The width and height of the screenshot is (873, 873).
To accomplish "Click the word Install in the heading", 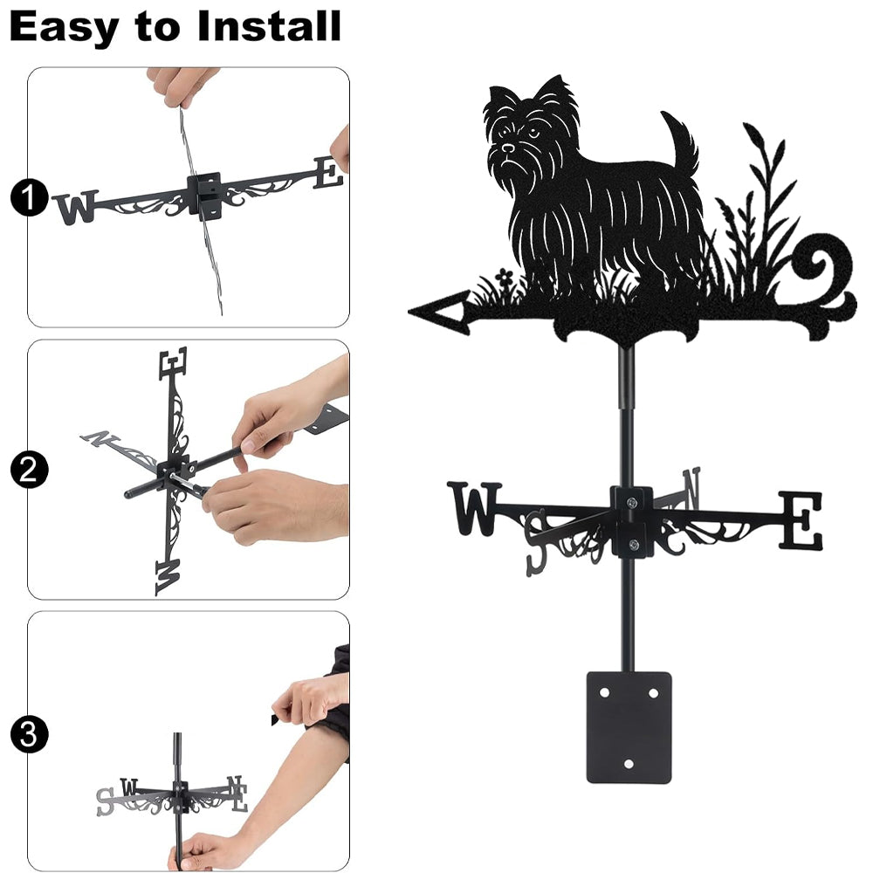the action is (269, 26).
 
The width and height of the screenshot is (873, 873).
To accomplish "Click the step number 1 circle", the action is (29, 198).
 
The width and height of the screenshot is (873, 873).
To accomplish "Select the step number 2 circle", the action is (29, 470).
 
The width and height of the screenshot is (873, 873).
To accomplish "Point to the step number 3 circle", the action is (29, 734).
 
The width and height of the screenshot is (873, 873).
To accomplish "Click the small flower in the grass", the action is (505, 276).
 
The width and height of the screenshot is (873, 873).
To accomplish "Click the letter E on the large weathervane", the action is (801, 520).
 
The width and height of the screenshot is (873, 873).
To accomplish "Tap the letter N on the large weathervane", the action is (691, 488).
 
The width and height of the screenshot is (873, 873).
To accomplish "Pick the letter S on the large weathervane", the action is (537, 544).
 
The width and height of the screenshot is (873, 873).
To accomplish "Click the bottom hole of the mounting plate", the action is (629, 764).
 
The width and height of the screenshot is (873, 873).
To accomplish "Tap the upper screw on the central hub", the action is (632, 504).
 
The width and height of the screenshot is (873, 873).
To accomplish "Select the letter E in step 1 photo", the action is (328, 173).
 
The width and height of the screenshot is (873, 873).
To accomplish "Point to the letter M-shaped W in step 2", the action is (168, 577).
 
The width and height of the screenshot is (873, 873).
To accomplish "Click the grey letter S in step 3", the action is (106, 801).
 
